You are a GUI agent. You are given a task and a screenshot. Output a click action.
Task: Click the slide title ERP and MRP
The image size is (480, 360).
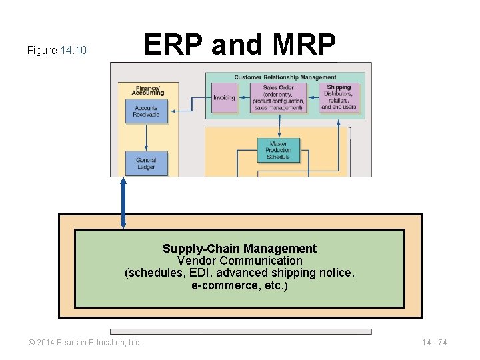coord(240,45)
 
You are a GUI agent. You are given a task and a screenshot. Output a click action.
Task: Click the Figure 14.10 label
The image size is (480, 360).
coord(57,50)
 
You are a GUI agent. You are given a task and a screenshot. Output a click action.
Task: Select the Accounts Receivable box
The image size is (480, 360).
coord(146,111)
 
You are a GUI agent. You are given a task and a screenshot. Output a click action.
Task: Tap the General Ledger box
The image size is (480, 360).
coord(146,163)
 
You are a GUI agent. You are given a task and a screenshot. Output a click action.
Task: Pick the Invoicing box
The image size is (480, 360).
coord(224,98)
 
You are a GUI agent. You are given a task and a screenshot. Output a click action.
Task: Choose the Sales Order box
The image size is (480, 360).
coord(278,97)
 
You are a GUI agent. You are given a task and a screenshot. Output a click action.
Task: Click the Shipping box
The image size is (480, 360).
coord(339,97)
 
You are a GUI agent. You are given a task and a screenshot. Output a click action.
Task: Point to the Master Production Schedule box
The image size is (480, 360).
coord(278,150)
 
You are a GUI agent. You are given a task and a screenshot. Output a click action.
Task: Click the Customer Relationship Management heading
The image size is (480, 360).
coord(285,77)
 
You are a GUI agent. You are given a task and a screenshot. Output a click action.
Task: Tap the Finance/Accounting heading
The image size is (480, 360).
coord(149,90)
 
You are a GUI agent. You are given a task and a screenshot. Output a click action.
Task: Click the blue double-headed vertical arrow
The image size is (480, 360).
coord(123,203)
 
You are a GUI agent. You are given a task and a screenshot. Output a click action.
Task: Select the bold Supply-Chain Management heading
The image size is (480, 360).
coord(239,249)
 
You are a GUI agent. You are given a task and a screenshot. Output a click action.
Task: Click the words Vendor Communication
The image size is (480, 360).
coord(239,261)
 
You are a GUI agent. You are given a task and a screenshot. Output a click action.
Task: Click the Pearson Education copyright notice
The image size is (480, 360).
coord(85,343)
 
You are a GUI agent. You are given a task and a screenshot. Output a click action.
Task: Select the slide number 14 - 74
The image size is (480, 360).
coord(434,343)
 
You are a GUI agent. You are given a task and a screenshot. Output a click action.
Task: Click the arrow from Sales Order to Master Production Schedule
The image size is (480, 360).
coord(278,125)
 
